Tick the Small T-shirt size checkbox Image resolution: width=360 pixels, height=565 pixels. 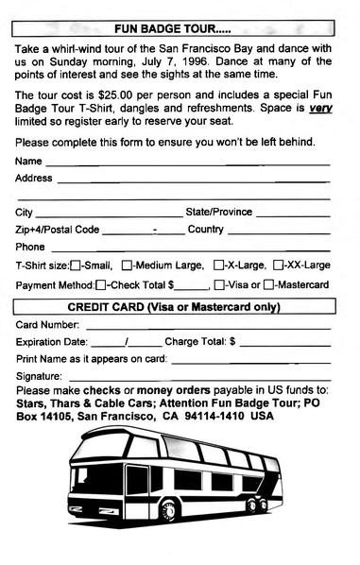coord(76,265)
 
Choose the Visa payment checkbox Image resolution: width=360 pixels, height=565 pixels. coord(218,284)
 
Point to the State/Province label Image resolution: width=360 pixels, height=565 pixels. coord(219,213)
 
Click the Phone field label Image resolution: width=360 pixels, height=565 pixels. coord(31,248)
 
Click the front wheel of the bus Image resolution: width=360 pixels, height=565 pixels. coord(171,510)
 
